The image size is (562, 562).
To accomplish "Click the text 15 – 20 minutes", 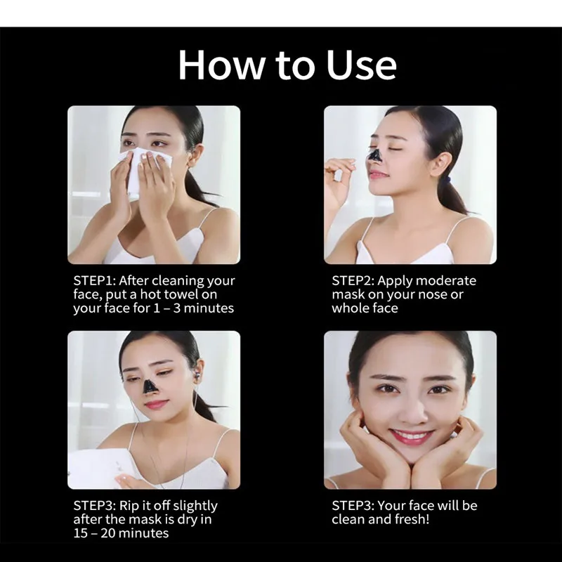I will (121, 533).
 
